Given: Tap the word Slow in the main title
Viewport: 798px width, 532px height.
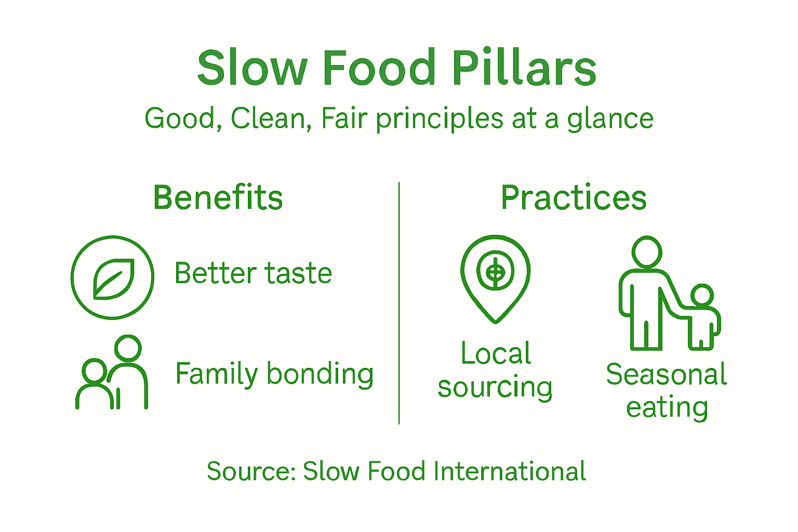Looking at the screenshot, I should pyautogui.click(x=252, y=68).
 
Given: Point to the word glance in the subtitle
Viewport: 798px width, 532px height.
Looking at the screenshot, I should pyautogui.click(x=610, y=119).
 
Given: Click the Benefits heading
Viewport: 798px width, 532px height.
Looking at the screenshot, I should pyautogui.click(x=218, y=198).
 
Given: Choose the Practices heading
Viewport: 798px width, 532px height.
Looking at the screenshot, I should pyautogui.click(x=574, y=198).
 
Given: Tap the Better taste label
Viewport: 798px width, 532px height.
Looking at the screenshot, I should pyautogui.click(x=253, y=273).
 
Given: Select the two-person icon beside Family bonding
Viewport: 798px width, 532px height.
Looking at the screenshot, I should pyautogui.click(x=112, y=373).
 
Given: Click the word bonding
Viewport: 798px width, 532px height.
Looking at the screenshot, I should pyautogui.click(x=320, y=374).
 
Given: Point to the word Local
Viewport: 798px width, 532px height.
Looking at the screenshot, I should pyautogui.click(x=496, y=354).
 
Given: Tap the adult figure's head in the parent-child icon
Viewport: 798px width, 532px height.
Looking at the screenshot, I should pyautogui.click(x=647, y=252).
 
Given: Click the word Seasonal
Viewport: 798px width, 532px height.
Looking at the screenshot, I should pyautogui.click(x=667, y=375).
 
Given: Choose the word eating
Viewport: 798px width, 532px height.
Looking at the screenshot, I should pyautogui.click(x=667, y=408).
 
